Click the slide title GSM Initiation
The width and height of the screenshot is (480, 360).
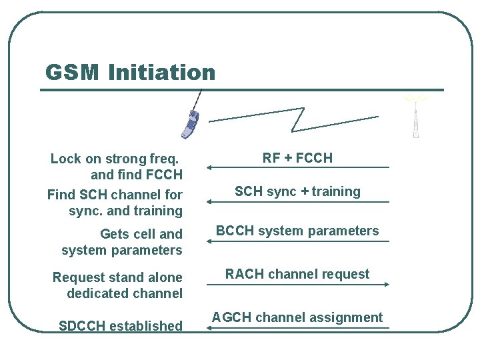click(x=130, y=72)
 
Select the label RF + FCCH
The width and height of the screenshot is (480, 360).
click(x=297, y=158)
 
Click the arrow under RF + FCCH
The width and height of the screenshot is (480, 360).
click(x=297, y=167)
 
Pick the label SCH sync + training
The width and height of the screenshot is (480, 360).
click(x=297, y=191)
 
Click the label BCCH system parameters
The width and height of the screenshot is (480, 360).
click(x=297, y=231)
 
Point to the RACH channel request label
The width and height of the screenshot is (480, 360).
click(x=297, y=274)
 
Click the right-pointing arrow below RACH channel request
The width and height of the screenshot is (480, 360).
click(x=297, y=285)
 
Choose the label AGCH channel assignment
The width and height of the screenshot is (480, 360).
click(x=297, y=317)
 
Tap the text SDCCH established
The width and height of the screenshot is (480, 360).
click(x=121, y=326)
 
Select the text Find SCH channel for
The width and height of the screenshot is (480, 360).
click(x=114, y=195)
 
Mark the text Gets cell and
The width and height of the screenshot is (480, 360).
click(x=141, y=234)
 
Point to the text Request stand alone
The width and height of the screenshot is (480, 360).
click(x=117, y=277)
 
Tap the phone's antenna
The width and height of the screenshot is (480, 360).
click(x=197, y=100)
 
